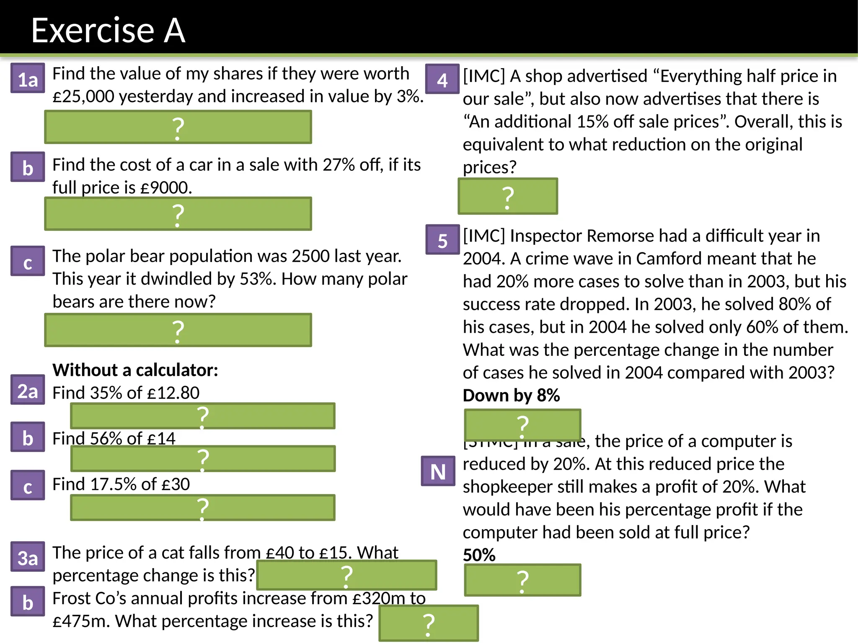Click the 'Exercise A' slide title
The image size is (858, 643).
tap(108, 30)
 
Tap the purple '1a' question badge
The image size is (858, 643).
tap(28, 78)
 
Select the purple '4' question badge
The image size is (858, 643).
tap(442, 79)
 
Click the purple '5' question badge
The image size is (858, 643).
tap(442, 240)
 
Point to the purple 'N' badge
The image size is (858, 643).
tap(438, 471)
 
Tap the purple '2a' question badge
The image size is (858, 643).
tap(28, 390)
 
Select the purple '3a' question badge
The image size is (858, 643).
tap(28, 557)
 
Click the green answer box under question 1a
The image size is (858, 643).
tap(178, 127)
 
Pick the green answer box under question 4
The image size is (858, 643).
tap(508, 196)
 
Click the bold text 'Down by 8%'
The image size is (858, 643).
tap(511, 395)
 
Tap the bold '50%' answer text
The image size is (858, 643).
tap(479, 555)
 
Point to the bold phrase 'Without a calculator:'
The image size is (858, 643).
tap(135, 370)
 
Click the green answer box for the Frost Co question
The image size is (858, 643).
tap(429, 623)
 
